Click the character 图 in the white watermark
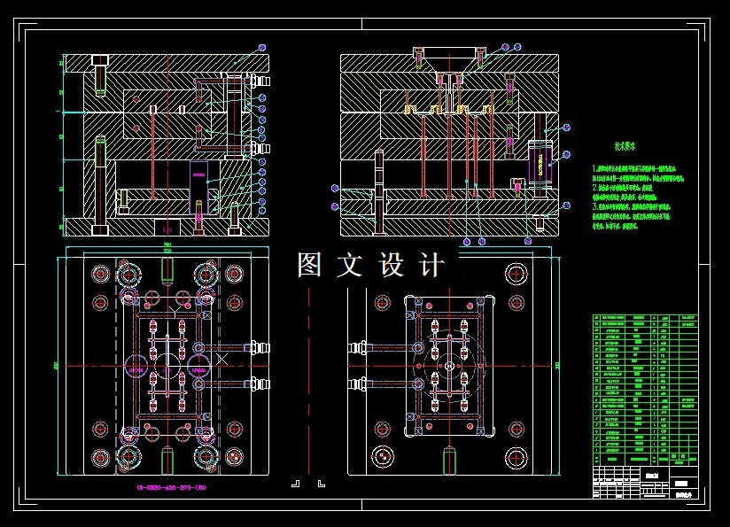click(309, 265)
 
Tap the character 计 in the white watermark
click(432, 265)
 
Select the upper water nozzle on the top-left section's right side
click(260, 80)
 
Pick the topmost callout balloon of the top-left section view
click(261, 47)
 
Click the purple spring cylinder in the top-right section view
click(540, 162)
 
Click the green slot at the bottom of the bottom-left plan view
click(166, 462)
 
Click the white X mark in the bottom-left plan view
click(221, 359)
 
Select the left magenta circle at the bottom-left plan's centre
click(136, 364)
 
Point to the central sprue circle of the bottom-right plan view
click(449, 365)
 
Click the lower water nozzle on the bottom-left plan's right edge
click(260, 384)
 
